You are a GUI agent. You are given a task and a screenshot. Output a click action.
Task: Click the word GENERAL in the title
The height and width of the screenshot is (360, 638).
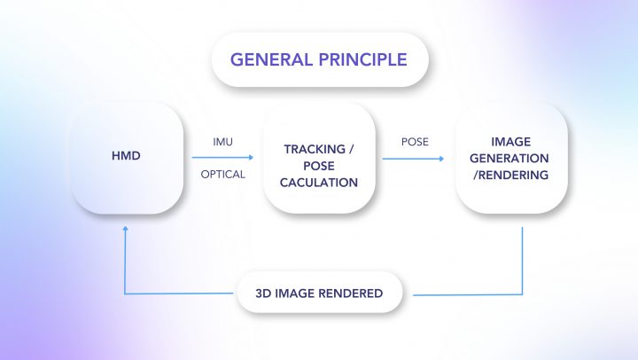click(x=270, y=59)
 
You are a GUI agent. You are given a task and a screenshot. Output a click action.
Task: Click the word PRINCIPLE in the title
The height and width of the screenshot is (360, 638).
click(x=363, y=59)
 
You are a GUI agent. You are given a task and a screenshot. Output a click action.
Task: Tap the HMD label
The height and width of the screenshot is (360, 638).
click(x=126, y=155)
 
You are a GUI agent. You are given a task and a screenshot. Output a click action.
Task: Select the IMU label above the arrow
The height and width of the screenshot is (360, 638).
click(x=223, y=142)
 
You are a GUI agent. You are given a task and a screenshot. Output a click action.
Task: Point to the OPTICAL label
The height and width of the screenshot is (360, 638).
click(x=223, y=175)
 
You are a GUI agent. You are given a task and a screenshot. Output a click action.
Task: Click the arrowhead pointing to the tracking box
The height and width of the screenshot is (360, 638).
click(x=251, y=157)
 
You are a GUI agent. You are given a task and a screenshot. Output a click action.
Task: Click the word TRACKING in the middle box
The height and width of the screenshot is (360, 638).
click(x=315, y=149)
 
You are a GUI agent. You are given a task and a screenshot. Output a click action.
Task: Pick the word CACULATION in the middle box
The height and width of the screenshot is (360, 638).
click(x=319, y=183)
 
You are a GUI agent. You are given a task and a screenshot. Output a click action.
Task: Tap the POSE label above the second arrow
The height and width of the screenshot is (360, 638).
click(x=415, y=142)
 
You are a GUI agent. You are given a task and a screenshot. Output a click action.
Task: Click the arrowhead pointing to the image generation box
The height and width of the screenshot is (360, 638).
click(x=441, y=159)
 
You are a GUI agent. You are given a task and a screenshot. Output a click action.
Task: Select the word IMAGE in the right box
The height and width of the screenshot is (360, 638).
click(x=511, y=142)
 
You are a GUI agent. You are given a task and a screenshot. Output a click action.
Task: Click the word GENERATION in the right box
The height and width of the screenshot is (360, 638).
click(x=510, y=158)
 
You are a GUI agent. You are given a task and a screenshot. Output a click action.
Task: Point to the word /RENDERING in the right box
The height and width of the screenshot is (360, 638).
click(x=511, y=175)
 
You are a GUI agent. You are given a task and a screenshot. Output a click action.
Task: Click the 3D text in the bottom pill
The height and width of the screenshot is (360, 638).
click(x=263, y=293)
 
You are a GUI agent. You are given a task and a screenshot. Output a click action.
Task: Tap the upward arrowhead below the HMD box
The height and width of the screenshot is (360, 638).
click(x=125, y=229)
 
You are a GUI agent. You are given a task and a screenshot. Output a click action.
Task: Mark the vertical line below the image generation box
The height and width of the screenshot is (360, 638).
click(x=522, y=261)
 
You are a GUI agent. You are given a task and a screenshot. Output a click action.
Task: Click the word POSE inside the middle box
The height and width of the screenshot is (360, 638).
click(x=319, y=166)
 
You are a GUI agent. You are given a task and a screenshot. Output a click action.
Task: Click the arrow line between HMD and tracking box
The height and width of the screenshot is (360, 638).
click(x=222, y=157)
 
